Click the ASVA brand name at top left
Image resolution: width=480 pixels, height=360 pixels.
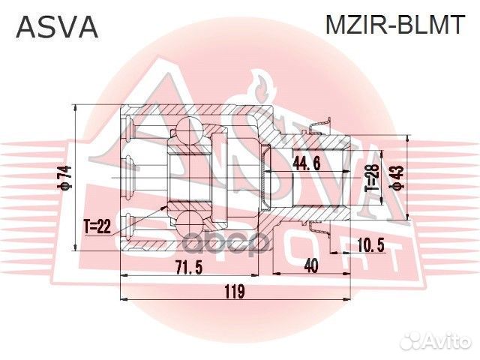pos(57,26)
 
